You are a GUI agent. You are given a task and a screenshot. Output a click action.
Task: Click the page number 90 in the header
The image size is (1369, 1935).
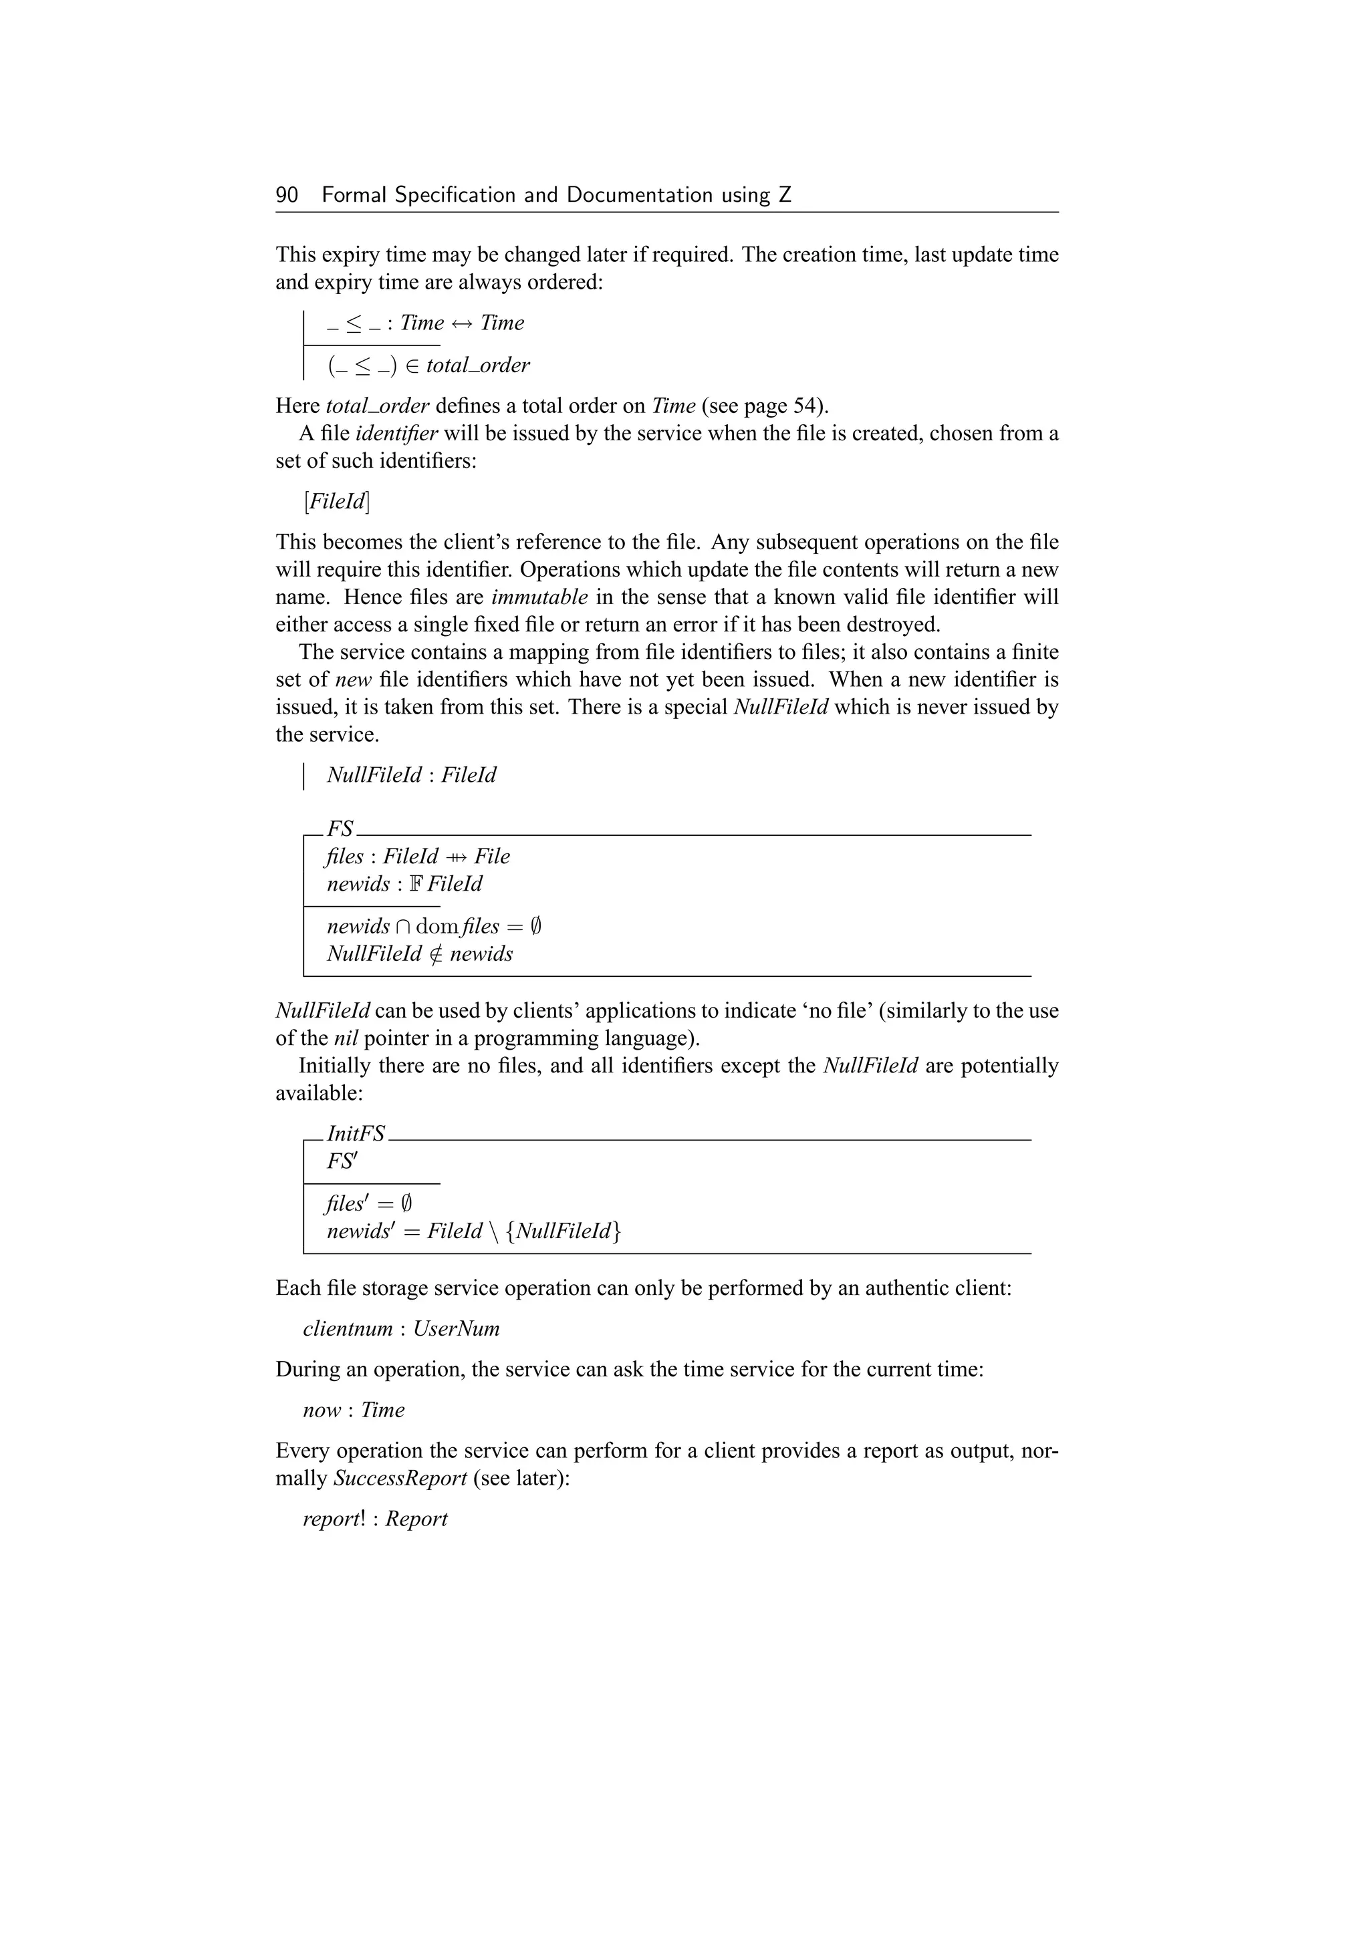[x=287, y=196]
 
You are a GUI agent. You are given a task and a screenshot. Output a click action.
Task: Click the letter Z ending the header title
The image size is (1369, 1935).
[x=785, y=196]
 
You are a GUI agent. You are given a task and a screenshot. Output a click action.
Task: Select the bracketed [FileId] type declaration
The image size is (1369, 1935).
[x=336, y=501]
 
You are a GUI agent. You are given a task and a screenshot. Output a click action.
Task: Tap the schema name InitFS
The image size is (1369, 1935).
[x=356, y=1133]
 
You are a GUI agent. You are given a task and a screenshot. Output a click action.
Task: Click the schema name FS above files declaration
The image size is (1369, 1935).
[x=340, y=829]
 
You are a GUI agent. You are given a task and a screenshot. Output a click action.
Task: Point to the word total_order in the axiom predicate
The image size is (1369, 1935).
[x=477, y=365]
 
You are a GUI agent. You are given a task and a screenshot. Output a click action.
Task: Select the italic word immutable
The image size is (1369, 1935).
[x=539, y=597]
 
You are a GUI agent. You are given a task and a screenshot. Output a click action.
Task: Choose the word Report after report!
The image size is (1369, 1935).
[x=416, y=1519]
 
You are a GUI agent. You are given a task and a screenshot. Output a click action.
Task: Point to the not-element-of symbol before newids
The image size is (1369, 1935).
[x=435, y=954]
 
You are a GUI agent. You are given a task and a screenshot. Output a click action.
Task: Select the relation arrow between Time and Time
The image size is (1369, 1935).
[x=462, y=323]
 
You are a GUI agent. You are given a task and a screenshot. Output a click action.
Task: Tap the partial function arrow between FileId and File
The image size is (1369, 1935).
[x=456, y=857]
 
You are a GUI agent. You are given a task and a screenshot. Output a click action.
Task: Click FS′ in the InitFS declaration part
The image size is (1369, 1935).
[x=342, y=1161]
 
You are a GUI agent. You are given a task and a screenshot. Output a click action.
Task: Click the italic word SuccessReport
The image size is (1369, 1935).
[x=400, y=1478]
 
